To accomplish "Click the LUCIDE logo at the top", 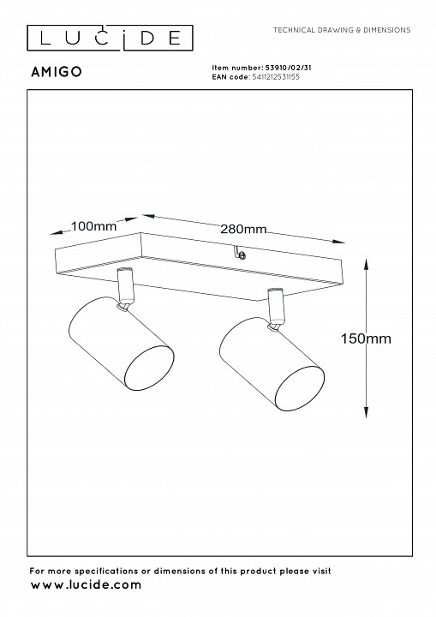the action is (x=110, y=39).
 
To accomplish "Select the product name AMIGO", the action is (x=57, y=72).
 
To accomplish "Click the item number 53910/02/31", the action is (x=286, y=68).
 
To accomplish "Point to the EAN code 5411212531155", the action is (x=275, y=77).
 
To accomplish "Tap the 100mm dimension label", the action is (x=93, y=226).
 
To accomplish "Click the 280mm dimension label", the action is (x=243, y=229).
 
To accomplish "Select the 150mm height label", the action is (x=366, y=338).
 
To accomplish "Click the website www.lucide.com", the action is (x=86, y=584).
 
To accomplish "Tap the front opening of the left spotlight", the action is (x=149, y=369).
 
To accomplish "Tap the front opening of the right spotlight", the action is (x=300, y=389).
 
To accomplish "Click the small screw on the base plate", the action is (x=242, y=255).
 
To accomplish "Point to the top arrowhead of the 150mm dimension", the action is (x=366, y=264).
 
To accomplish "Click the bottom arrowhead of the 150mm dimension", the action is (x=366, y=412).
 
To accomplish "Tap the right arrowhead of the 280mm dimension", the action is (x=338, y=242).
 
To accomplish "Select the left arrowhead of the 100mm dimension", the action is (x=57, y=232).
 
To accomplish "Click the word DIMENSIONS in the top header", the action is (x=387, y=30).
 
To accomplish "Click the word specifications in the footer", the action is (x=106, y=571).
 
